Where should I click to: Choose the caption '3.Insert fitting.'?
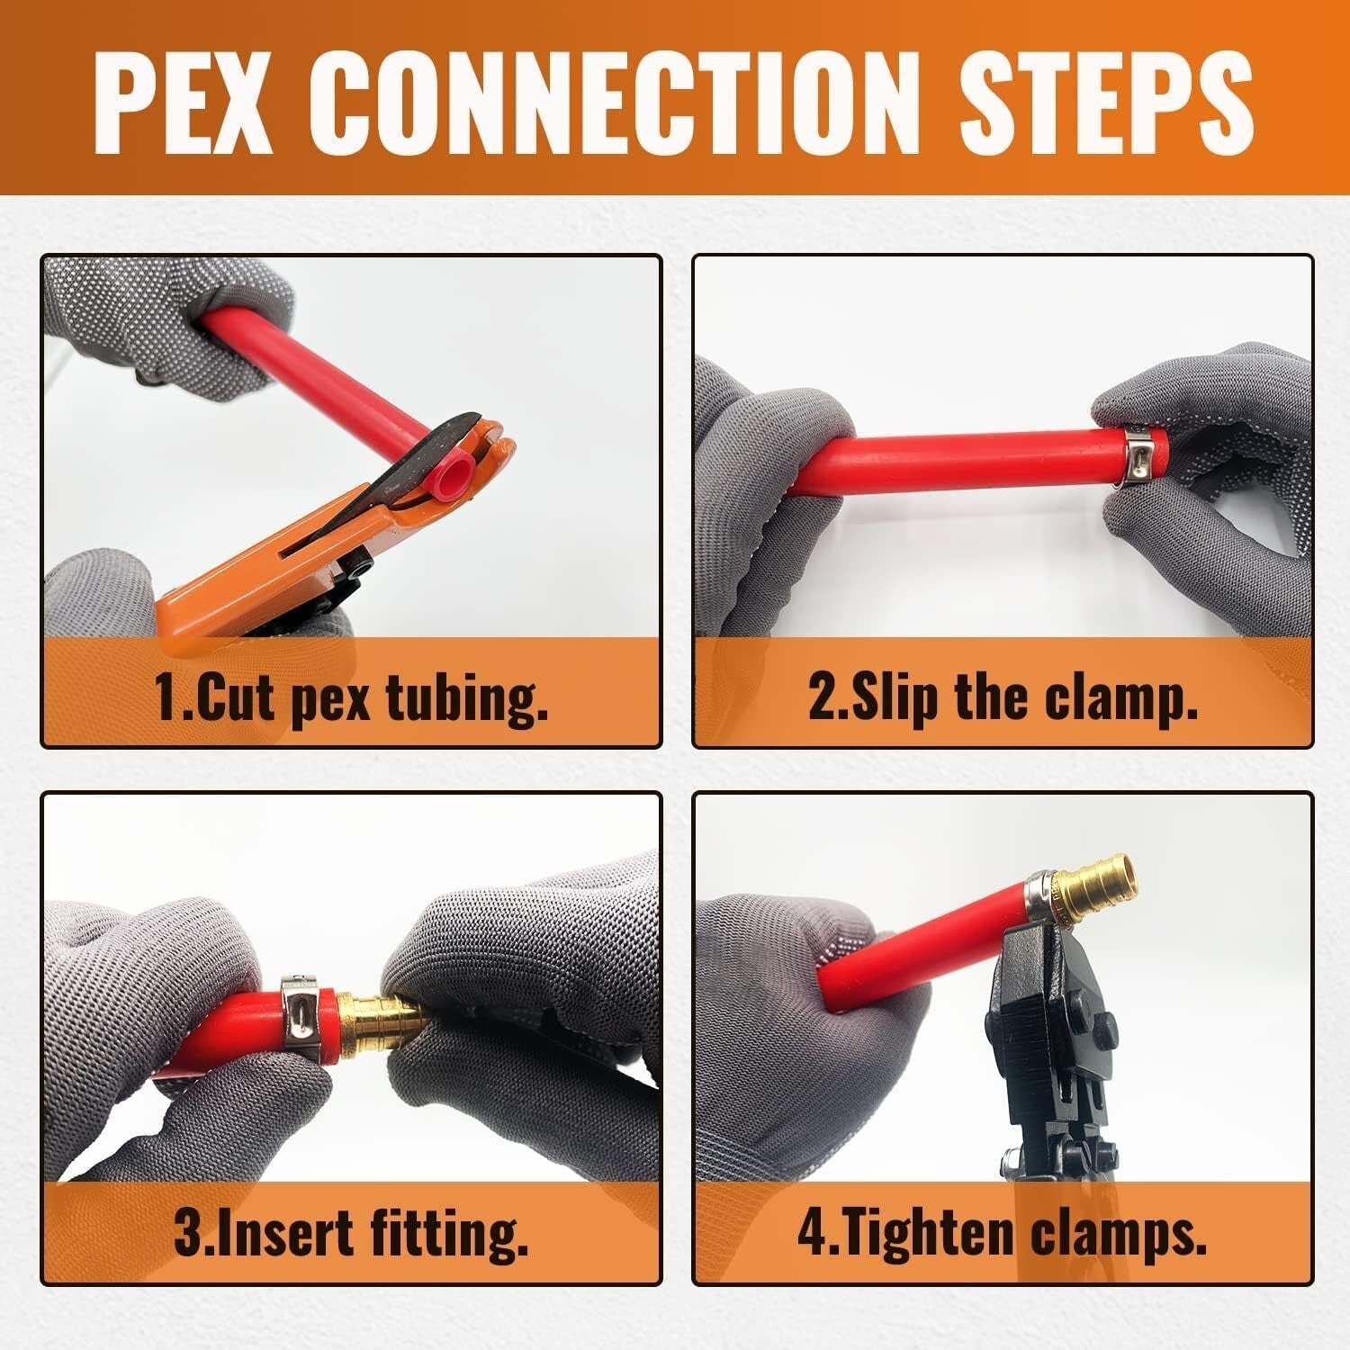pos(351,1233)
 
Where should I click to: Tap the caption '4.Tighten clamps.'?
pos(1003,1233)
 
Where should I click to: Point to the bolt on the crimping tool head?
pos(1105,1027)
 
